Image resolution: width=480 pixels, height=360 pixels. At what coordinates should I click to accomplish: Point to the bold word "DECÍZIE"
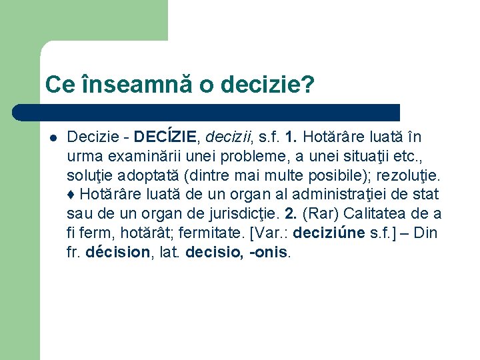[x=165, y=137]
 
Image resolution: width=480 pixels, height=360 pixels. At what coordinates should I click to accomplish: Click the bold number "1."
[x=291, y=137]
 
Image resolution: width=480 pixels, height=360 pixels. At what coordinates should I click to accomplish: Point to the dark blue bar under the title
[x=220, y=112]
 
